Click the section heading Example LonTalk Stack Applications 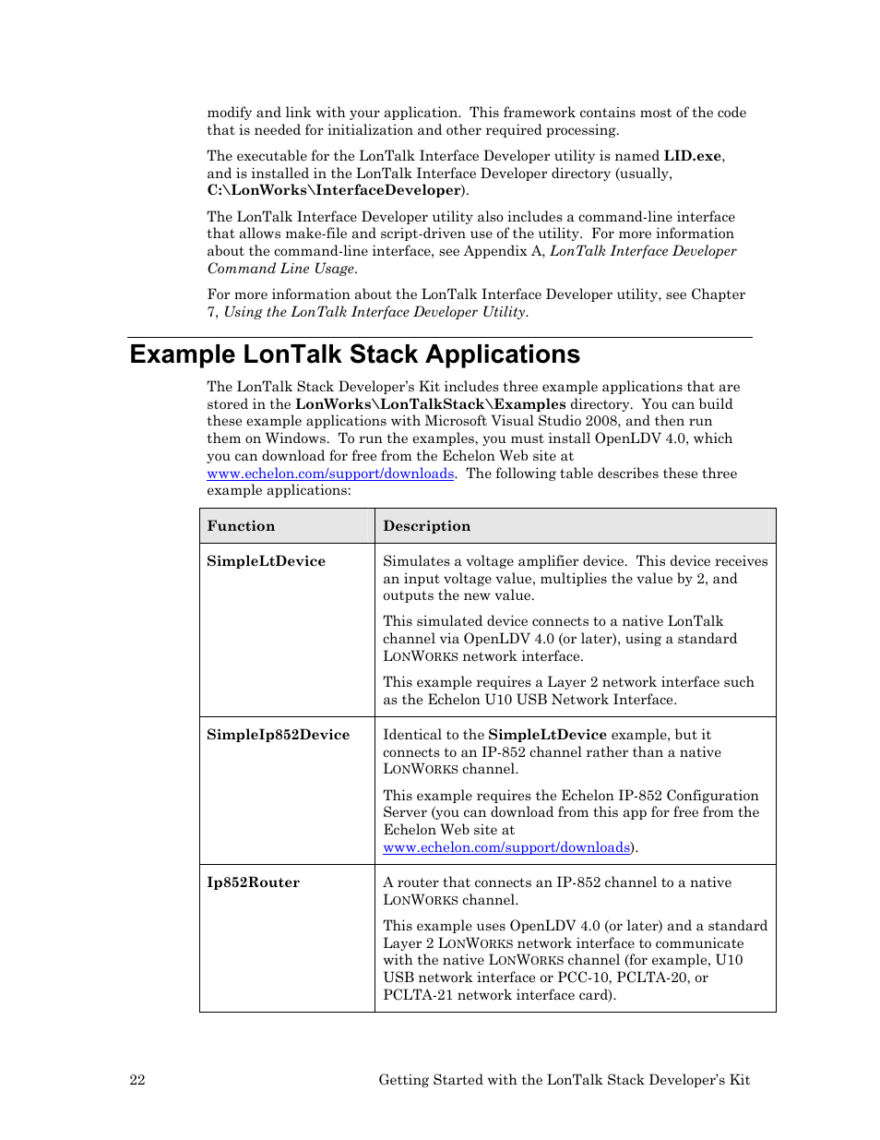(354, 354)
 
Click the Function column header (241, 526)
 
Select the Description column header (426, 526)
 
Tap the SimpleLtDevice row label (266, 561)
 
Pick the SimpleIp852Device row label (278, 735)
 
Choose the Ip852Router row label (253, 882)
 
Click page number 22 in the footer (137, 1080)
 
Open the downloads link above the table (330, 474)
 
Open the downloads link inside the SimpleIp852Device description (506, 847)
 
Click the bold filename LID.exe (692, 156)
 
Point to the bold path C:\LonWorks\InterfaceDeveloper (334, 190)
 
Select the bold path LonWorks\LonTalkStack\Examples (430, 404)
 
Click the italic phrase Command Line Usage (280, 269)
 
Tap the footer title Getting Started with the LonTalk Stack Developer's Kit (564, 1080)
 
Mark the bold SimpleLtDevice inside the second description (547, 735)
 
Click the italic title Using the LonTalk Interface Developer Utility (375, 312)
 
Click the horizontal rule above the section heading (439, 337)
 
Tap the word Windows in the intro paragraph (296, 438)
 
